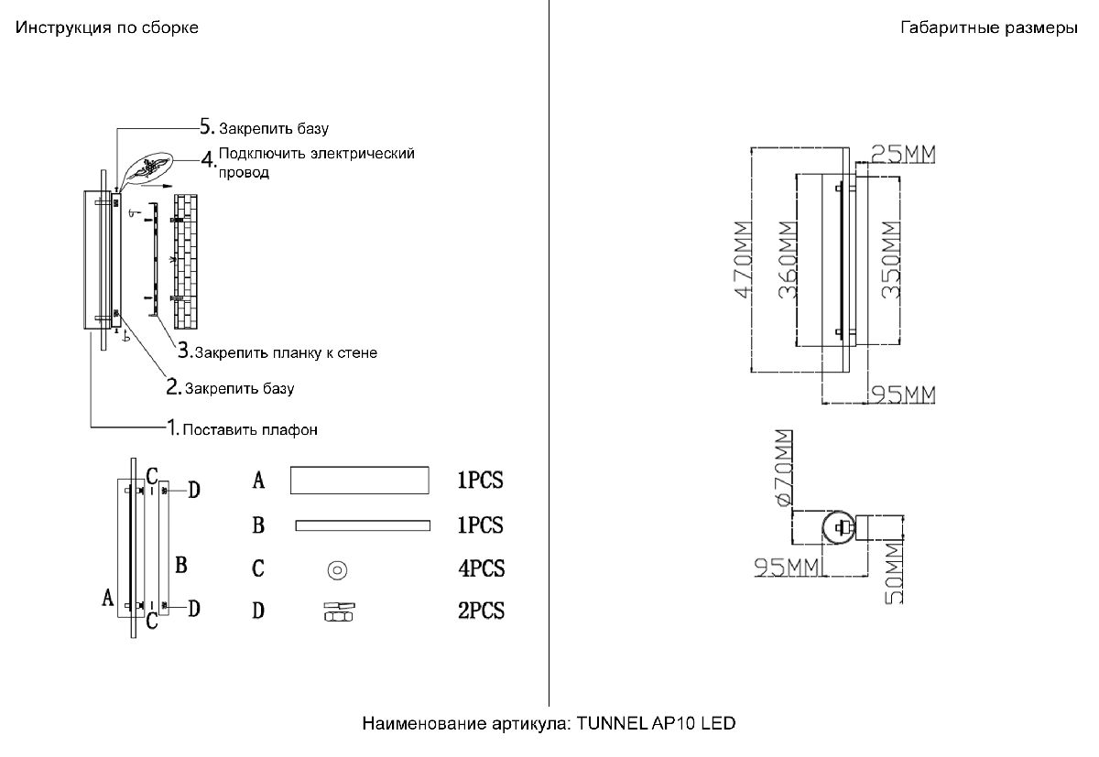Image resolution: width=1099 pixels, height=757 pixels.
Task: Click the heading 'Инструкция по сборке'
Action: (x=106, y=28)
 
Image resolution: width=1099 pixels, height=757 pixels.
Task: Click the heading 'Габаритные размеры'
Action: (x=989, y=28)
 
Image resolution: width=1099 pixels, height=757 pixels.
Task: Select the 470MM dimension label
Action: (x=743, y=260)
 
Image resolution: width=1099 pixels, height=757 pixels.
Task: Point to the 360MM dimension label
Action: (x=785, y=260)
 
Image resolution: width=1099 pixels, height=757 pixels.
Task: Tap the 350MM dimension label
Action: (x=889, y=260)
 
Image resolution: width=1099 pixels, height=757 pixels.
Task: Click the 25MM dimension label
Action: (x=903, y=153)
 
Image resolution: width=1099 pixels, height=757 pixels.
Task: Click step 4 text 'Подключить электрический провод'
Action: (x=316, y=162)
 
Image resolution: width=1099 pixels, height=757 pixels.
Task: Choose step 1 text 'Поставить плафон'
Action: (x=250, y=429)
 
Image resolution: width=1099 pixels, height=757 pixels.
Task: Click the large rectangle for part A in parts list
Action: (x=359, y=480)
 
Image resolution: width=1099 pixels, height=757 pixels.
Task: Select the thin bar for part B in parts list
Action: (x=362, y=525)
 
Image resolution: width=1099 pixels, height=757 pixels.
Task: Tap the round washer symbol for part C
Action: (x=336, y=569)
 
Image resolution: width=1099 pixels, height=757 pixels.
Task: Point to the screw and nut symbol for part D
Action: (x=336, y=611)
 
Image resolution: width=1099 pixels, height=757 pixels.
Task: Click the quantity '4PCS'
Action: (x=481, y=568)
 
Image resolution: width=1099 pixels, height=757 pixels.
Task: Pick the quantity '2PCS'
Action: (x=481, y=611)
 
